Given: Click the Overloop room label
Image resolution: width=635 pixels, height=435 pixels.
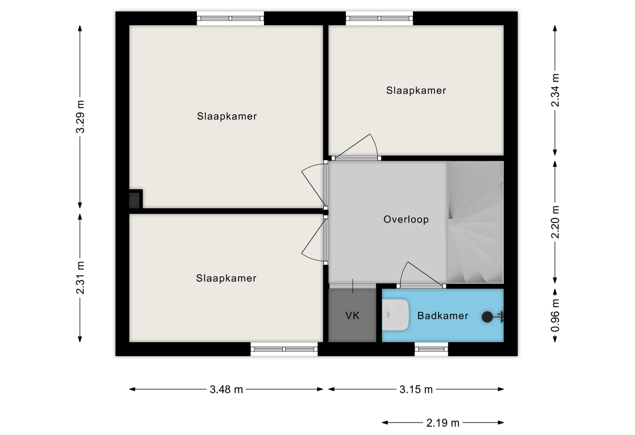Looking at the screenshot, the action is point(406,220).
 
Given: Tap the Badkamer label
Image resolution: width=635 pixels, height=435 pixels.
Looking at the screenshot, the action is point(443,316).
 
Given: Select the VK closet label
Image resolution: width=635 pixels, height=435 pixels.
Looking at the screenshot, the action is point(352,316).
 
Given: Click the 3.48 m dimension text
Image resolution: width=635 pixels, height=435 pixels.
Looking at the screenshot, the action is point(226,390).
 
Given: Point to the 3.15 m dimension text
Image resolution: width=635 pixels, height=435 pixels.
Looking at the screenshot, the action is point(416,390).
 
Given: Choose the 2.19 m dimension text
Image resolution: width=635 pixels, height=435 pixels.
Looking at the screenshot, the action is point(443,423).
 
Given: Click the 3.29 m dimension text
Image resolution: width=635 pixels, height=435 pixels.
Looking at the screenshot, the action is point(80,116).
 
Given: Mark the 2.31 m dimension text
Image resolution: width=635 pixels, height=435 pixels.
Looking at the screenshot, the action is point(80,278).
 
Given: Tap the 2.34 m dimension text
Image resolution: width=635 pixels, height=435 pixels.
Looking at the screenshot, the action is point(555,90).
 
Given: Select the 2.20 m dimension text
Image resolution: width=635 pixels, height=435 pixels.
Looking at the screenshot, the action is point(555,222).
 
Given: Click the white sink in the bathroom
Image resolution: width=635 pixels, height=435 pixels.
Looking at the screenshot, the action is point(395,315).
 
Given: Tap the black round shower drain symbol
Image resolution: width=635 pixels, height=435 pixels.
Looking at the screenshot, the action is point(487,317).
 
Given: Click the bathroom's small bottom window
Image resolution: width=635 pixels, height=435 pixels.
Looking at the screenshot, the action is point(431,349).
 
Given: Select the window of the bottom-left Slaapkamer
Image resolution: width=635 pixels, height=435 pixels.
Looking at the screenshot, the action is point(284,349).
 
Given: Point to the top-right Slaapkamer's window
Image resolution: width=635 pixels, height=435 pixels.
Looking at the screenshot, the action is point(379,18).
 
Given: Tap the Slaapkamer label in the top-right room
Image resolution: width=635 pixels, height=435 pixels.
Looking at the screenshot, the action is point(416,90).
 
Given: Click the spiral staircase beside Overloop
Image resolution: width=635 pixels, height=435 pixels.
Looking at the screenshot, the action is point(475,222).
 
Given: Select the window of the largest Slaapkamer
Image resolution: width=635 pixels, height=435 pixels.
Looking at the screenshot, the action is point(230,18).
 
